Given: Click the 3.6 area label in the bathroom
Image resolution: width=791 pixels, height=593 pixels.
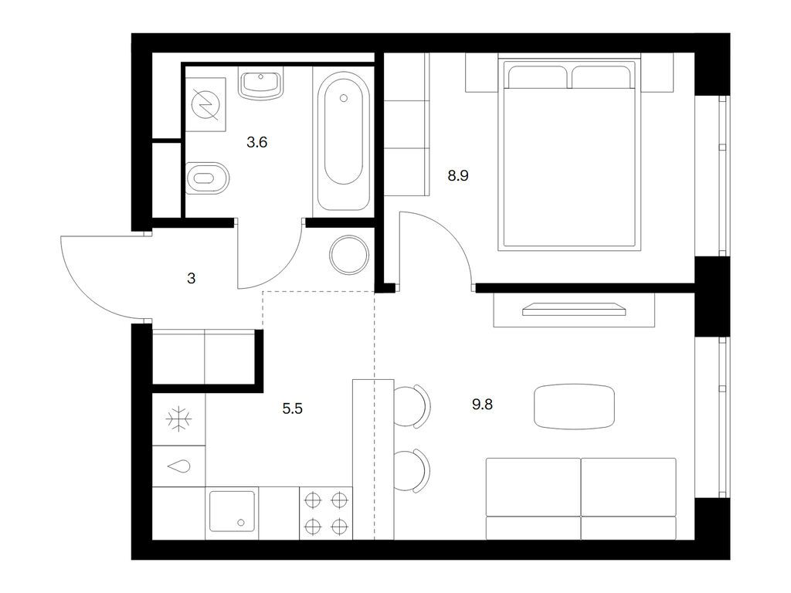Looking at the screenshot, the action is point(256,143).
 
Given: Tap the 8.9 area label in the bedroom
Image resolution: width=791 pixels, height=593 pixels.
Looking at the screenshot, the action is point(458,175).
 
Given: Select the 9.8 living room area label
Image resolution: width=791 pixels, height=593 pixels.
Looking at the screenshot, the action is point(482,405).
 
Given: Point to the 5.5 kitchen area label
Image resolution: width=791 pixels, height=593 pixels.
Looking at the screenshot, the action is point(293,408).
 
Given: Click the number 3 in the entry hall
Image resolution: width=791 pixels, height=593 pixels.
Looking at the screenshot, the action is point(192,278).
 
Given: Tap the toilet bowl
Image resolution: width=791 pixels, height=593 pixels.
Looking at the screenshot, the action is point(207,178).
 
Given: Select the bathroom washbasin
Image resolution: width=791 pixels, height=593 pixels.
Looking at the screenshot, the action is point(261,83).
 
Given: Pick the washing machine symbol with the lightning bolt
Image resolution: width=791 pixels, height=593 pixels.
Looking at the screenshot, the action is point(205,104).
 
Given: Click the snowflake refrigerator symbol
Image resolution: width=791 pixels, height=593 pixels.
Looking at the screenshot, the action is point(178,419).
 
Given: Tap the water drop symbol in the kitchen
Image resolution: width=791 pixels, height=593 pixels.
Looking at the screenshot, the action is point(178,467).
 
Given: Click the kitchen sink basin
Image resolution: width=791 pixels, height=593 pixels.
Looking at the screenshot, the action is point(232,511).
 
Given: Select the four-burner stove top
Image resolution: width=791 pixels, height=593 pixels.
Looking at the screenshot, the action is point(327,513).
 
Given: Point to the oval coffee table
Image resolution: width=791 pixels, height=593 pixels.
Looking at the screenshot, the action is point(574,406).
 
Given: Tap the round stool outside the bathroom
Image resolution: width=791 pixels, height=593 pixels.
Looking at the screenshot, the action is point(349,255).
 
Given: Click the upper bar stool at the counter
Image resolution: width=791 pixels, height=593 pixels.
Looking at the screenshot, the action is point(412,406).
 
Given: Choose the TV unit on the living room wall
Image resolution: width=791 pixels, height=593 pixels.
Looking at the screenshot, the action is point(574,310).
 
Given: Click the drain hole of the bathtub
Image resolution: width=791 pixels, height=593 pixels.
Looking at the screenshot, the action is point(344,98).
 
